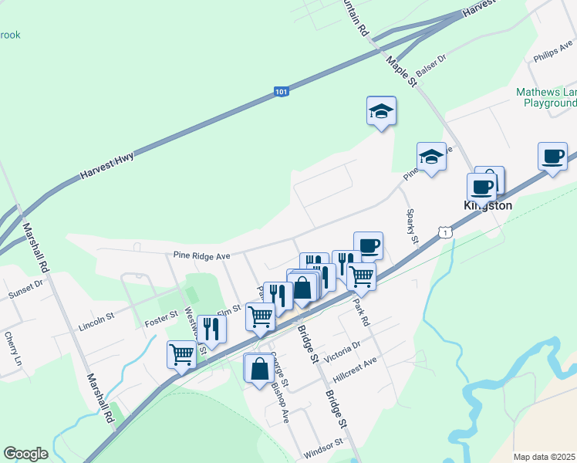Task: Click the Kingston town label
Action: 488,206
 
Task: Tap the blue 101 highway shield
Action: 282,93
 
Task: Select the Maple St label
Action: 401,70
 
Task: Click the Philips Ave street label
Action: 551,56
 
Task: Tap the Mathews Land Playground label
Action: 546,97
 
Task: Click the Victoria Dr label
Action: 343,356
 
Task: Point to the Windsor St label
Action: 322,446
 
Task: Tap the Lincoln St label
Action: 96,322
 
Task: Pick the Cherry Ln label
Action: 12,349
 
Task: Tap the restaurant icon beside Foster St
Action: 211,329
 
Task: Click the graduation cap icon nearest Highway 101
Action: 381,111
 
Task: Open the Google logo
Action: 25,454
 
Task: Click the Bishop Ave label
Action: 280,408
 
